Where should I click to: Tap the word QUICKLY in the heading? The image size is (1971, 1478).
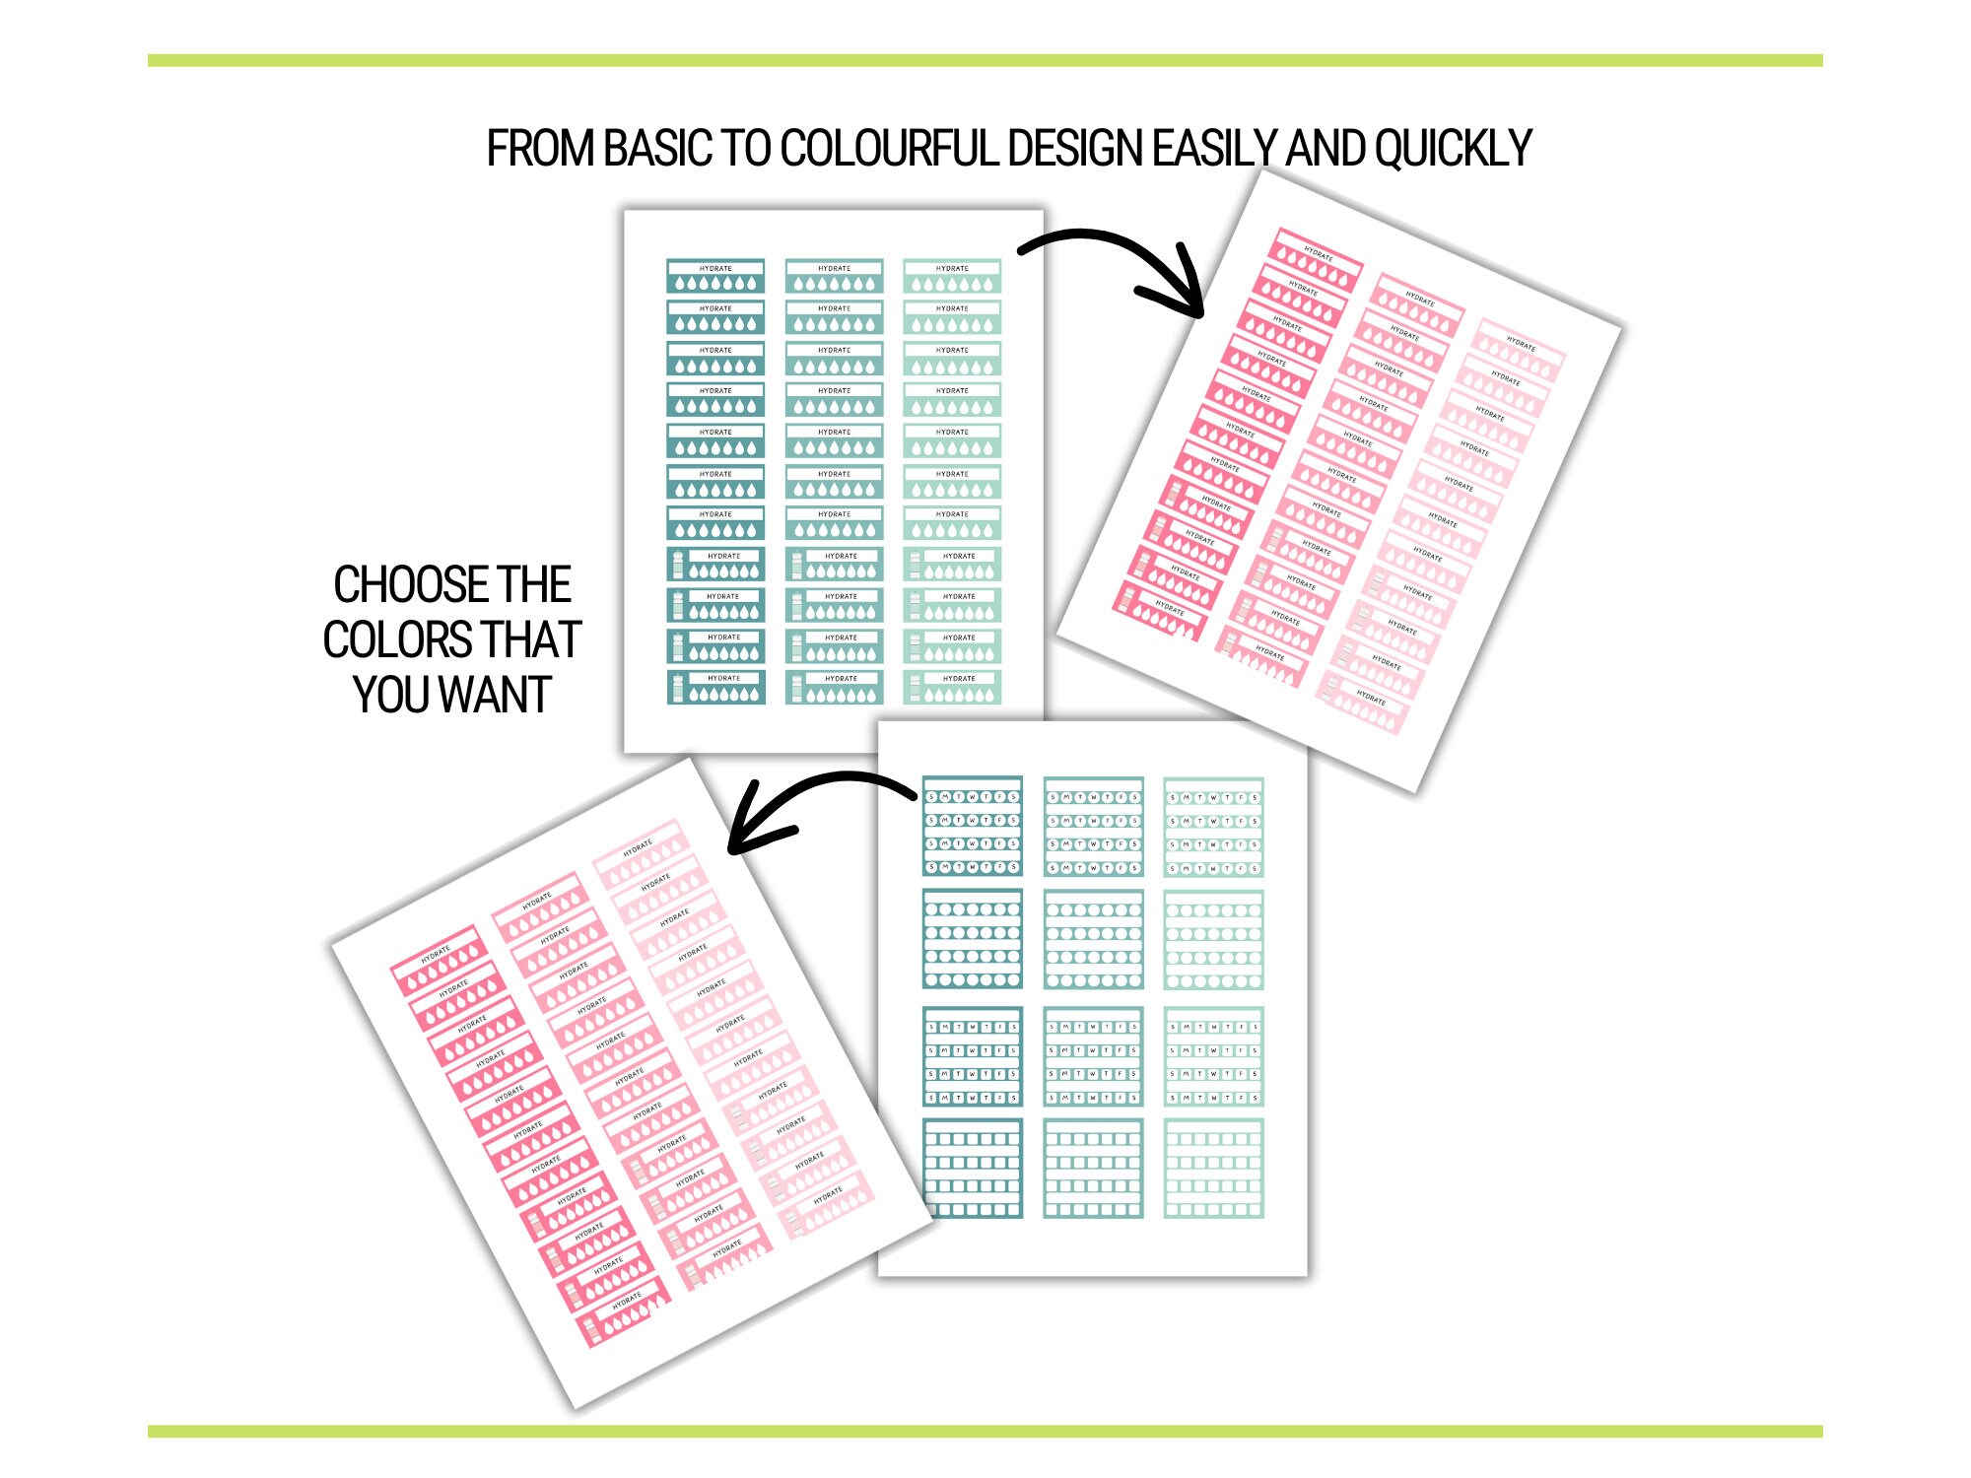coord(1453,150)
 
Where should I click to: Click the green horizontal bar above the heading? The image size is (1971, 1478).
coord(985,61)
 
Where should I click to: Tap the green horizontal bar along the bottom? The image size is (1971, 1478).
coord(985,1431)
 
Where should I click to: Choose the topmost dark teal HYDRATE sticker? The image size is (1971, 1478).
coord(715,276)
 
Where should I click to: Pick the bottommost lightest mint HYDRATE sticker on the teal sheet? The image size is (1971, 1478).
coord(952,687)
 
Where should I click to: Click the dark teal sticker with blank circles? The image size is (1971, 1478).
coord(973,939)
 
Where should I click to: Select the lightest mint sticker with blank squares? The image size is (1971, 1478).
coord(1213,1168)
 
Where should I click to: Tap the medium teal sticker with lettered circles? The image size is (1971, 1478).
coord(1093,826)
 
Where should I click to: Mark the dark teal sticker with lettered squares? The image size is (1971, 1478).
coord(973,1055)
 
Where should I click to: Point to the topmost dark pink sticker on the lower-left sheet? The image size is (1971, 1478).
coord(439,961)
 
